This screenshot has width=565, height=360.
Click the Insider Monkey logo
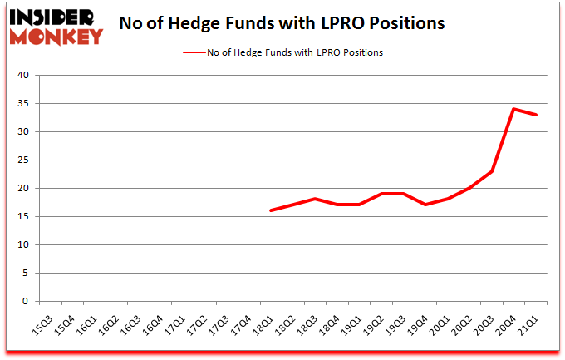pos(55,27)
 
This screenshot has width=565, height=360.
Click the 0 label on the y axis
pos(25,302)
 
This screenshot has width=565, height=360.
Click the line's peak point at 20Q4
pos(515,109)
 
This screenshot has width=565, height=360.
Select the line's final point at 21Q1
pos(537,115)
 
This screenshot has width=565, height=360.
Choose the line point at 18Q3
pos(315,199)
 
